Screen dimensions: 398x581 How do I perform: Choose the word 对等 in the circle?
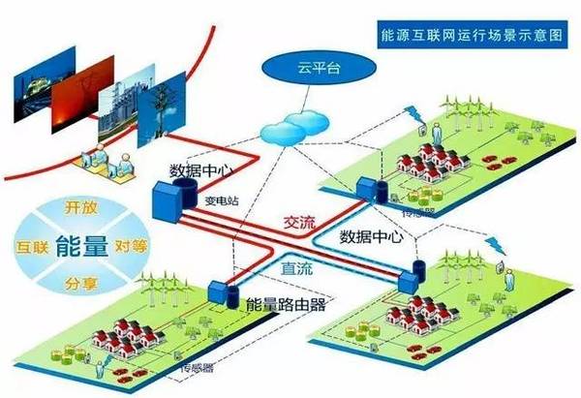pos(130,246)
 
